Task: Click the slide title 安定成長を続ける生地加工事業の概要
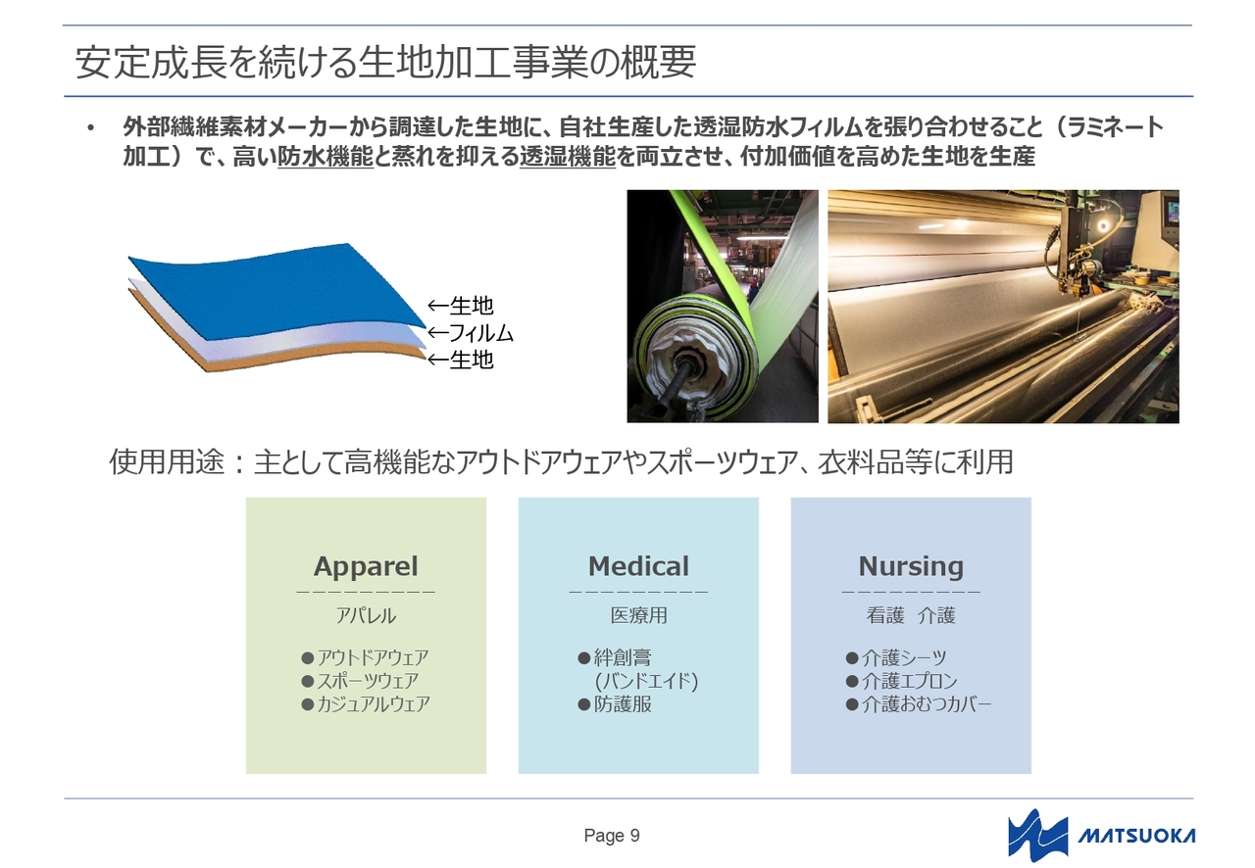(x=385, y=62)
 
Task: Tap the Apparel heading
(x=366, y=566)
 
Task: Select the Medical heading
(x=638, y=566)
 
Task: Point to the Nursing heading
(x=911, y=566)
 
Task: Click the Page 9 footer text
(x=612, y=836)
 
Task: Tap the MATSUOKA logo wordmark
(x=1136, y=836)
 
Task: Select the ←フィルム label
(x=471, y=333)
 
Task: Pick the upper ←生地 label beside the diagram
(x=461, y=306)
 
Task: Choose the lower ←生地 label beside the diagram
(x=461, y=360)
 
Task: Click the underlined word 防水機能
(x=325, y=157)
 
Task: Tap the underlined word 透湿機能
(x=568, y=157)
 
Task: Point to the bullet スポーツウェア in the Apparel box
(x=360, y=681)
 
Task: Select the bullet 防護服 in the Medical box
(x=615, y=704)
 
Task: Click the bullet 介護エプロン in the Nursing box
(x=901, y=681)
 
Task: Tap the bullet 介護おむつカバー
(x=919, y=704)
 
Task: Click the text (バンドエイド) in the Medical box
(x=646, y=681)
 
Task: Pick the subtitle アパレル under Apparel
(x=366, y=616)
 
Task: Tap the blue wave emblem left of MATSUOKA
(x=1037, y=835)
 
